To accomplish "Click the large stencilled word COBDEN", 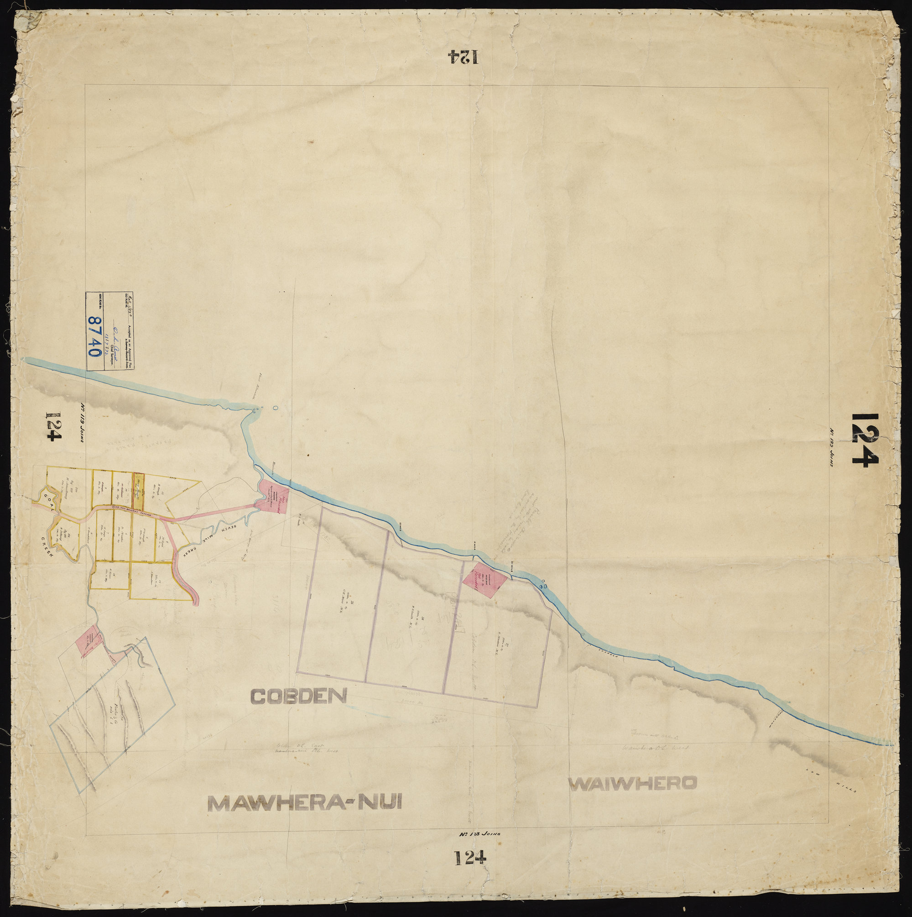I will (x=299, y=696).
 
